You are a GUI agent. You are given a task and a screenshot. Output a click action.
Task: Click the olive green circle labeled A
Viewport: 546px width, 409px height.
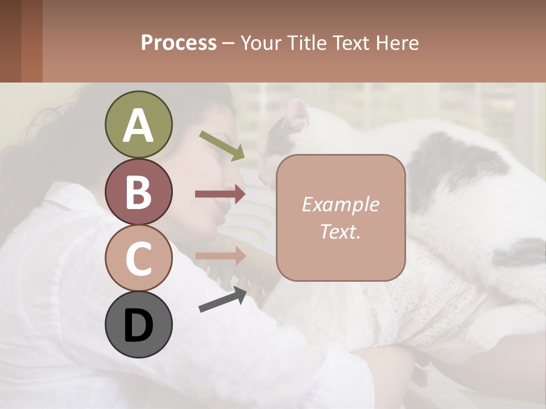tap(138, 125)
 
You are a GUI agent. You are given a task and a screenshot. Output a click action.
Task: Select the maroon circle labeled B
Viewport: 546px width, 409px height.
tap(138, 191)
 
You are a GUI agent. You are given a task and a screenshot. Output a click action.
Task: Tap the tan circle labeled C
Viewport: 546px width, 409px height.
tap(138, 258)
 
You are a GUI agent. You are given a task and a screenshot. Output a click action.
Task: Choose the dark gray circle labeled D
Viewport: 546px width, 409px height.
tap(138, 324)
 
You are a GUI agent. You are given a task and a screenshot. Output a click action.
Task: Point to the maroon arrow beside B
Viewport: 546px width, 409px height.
tap(220, 194)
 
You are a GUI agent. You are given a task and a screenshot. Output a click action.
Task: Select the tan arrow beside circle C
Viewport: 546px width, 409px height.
tap(220, 256)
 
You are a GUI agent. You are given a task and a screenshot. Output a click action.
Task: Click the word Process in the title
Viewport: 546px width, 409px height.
tap(179, 43)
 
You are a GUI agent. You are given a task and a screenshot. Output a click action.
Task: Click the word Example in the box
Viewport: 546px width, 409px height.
tap(340, 204)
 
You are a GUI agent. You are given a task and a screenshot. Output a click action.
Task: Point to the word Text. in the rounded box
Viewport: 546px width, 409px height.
tap(340, 232)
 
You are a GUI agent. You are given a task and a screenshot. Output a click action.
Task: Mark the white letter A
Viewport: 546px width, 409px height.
tap(138, 126)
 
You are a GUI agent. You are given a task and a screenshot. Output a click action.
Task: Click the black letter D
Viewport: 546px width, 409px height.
tap(138, 325)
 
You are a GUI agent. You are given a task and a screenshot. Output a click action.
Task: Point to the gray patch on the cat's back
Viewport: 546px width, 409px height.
tap(455, 165)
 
